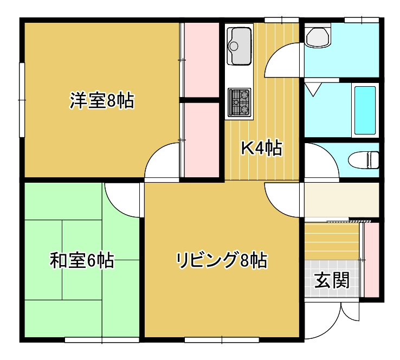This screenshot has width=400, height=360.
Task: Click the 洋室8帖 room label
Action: (101, 100)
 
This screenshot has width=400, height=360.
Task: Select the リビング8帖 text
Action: (221, 261)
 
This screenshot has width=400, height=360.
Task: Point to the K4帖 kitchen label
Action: (261, 148)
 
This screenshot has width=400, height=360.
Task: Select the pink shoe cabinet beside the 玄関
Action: (371, 259)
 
